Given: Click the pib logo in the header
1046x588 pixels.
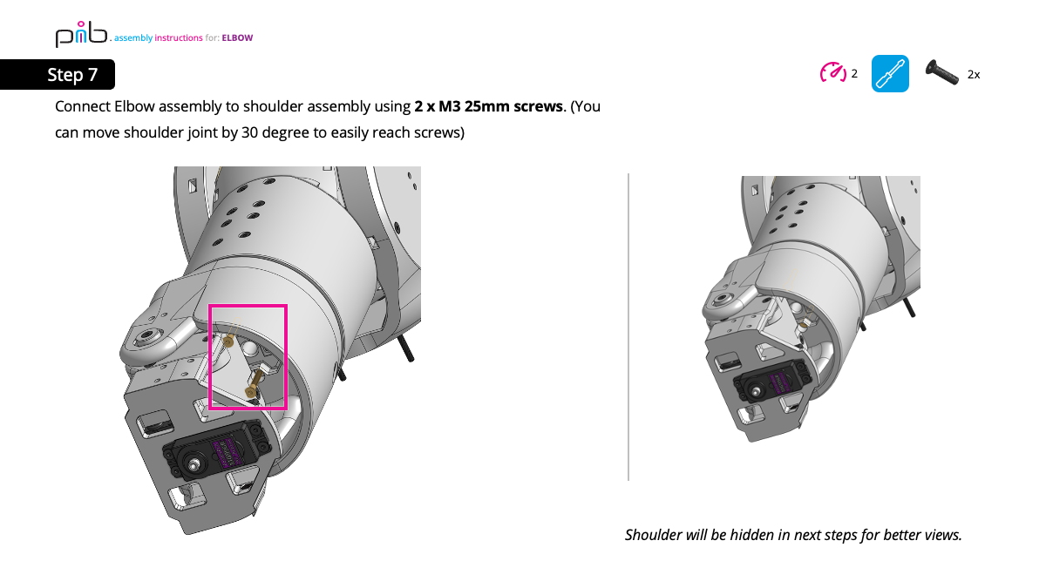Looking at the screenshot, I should click(x=81, y=36).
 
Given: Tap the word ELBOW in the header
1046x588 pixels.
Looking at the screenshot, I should click(x=237, y=38).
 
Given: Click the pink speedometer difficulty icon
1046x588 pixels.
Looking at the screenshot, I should click(x=832, y=73).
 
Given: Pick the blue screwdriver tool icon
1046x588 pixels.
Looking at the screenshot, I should click(x=890, y=74).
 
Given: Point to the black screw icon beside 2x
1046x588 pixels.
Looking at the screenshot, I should click(x=941, y=72).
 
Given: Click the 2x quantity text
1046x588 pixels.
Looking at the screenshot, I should click(x=974, y=75).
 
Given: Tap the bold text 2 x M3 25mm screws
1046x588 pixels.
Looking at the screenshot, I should click(x=488, y=107).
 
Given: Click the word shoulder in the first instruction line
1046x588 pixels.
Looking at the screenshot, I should click(x=276, y=107).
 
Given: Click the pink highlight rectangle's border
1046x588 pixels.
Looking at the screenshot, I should click(x=286, y=357).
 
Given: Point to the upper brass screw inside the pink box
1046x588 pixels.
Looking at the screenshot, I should click(x=227, y=341).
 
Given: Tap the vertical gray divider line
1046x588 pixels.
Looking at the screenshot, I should click(x=628, y=327).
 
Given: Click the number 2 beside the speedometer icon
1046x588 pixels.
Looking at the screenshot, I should click(x=854, y=74).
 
